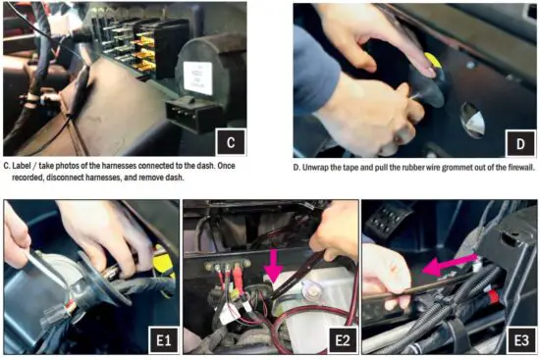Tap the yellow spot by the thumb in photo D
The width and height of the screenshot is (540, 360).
point(431,64)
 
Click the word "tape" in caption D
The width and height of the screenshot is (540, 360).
point(362,167)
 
